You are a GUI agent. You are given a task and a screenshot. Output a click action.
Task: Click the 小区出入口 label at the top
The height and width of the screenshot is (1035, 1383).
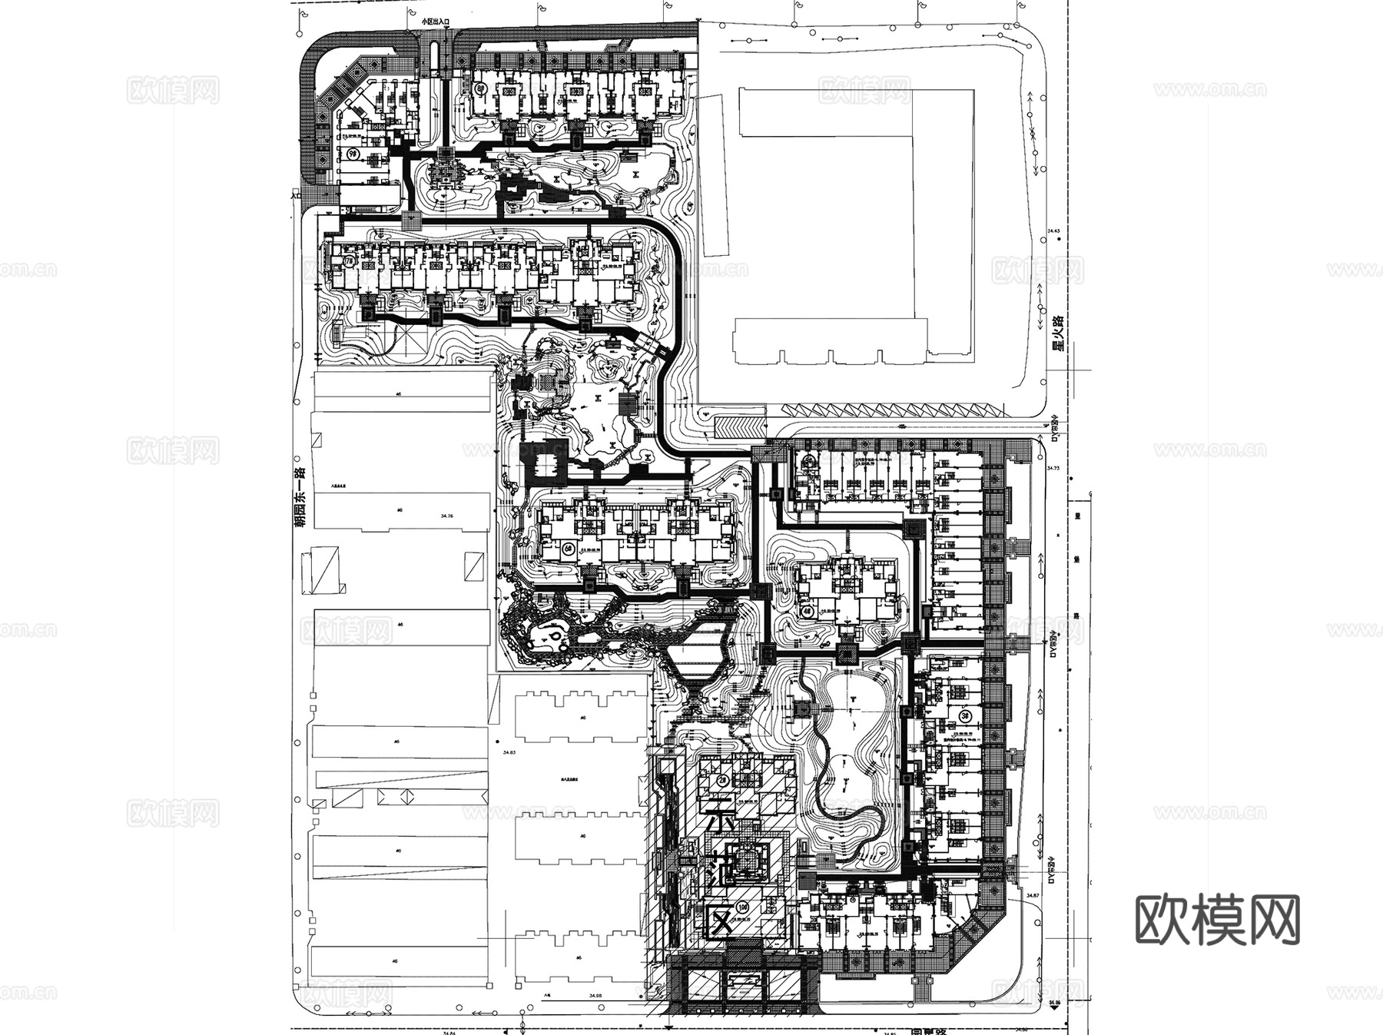[x=435, y=24]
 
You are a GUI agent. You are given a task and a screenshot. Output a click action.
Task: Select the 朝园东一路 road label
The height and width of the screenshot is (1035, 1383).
[x=300, y=496]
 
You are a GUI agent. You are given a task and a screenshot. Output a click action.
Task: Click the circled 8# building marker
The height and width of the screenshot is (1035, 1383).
[x=482, y=89]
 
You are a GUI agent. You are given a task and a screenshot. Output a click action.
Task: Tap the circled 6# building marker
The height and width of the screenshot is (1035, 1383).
[x=568, y=548]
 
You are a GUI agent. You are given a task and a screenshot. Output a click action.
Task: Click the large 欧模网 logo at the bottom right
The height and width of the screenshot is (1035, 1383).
[x=1217, y=919]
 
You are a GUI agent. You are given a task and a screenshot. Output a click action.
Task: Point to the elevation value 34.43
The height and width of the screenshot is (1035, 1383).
[x=1053, y=231]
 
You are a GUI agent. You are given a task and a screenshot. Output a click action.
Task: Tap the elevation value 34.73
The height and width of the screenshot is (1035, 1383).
[x=1053, y=467]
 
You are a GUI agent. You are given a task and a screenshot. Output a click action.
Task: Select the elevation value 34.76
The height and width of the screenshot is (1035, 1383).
[x=446, y=516]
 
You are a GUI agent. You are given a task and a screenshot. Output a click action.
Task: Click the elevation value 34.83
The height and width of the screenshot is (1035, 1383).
[x=509, y=753]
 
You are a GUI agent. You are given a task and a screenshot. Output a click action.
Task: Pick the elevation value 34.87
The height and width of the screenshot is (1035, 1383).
[x=1033, y=896]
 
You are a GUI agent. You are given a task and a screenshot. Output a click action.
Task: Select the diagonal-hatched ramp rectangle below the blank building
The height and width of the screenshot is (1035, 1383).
[x=739, y=425]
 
